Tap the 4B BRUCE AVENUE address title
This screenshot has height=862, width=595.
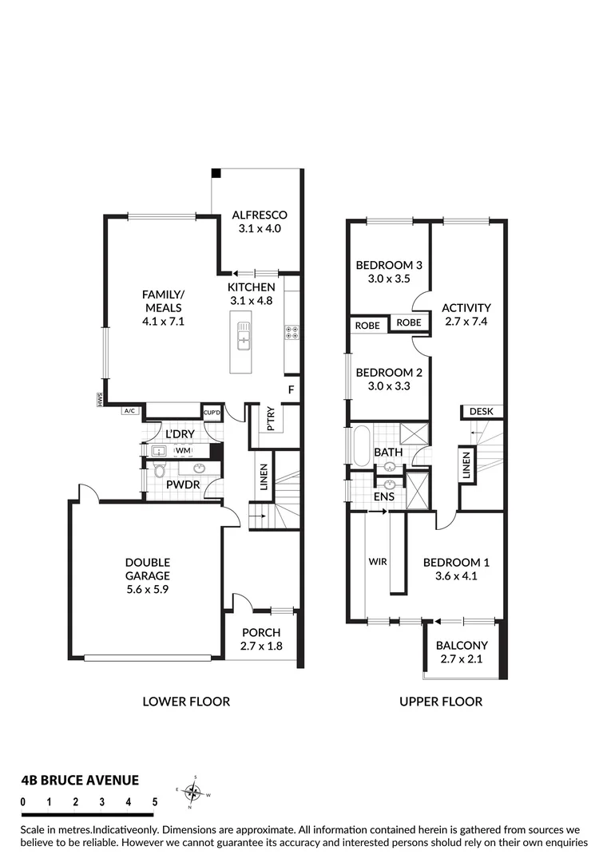pos(79,780)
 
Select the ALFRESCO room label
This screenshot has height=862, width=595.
pos(260,215)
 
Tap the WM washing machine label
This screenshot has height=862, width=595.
pos(184,451)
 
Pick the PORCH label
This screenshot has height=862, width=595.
pos(260,633)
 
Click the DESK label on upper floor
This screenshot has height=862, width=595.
pos(481,411)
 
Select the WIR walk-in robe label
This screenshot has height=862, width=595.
pos(378,562)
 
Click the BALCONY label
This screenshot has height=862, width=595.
pos(462,646)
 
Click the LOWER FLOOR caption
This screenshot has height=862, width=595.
pos(186,702)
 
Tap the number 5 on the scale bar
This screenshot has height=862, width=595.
pos(154,801)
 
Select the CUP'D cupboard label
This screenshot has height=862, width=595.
pos(212,412)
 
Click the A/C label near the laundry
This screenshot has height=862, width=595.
pos(128,411)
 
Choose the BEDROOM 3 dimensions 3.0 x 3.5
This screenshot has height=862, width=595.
pos(388,279)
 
